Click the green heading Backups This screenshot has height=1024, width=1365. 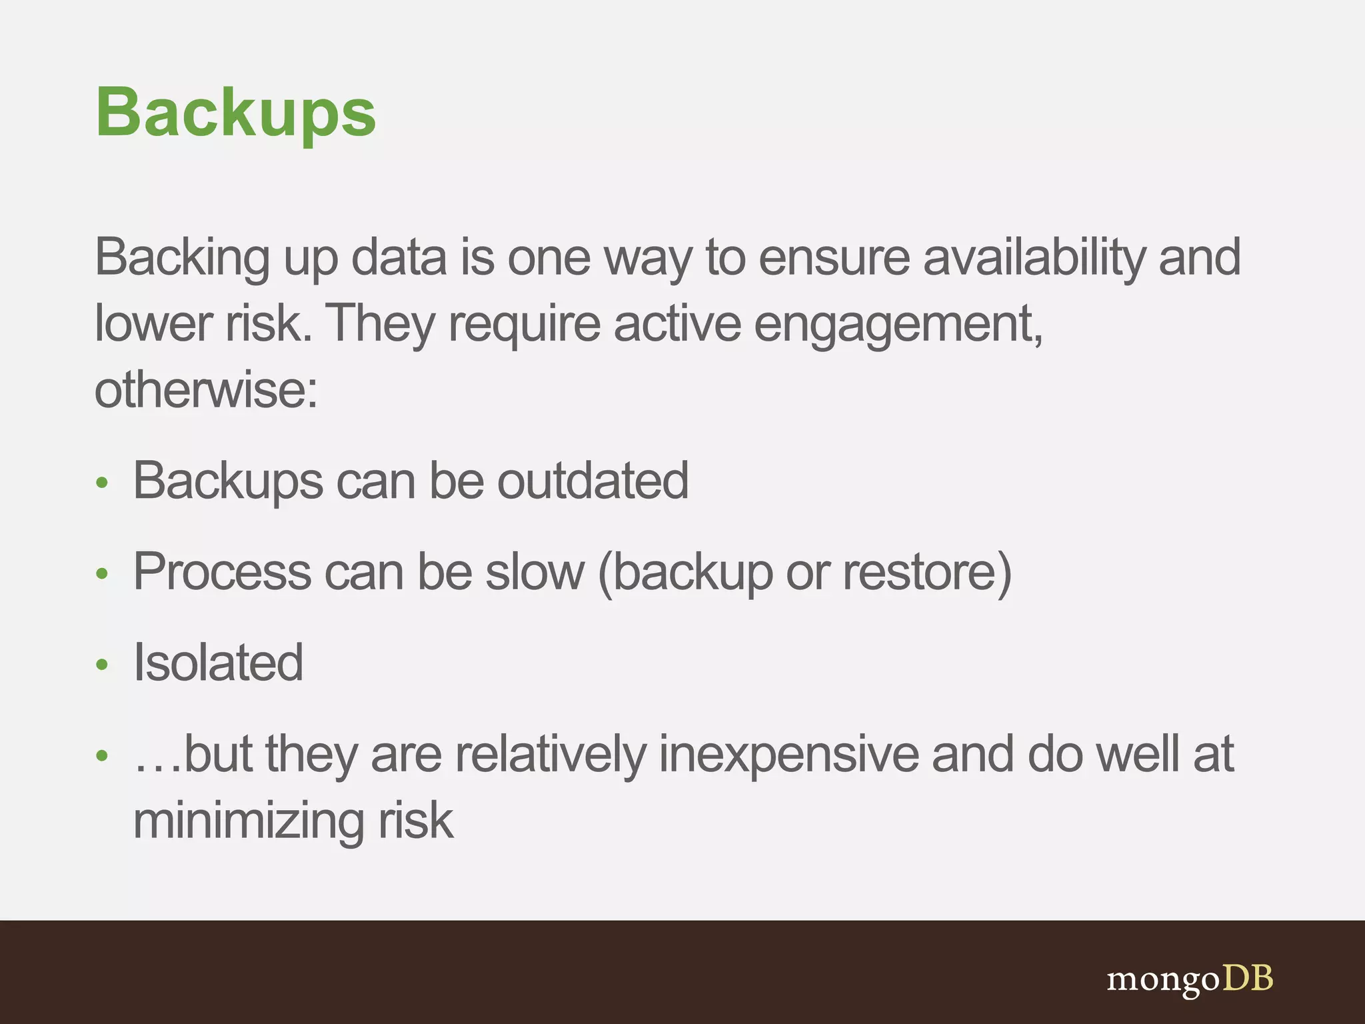236,113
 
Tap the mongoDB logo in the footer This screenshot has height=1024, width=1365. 1189,979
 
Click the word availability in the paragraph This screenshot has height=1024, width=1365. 1034,257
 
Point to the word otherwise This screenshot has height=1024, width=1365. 205,390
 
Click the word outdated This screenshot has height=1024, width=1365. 593,481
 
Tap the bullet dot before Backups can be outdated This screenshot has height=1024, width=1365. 102,483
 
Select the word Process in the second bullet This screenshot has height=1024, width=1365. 222,572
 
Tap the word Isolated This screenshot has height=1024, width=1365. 218,663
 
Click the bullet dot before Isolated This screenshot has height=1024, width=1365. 102,664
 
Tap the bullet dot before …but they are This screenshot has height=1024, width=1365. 102,755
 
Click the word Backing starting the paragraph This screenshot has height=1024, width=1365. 182,257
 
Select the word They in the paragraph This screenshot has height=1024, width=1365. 381,325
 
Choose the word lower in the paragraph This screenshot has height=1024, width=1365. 153,325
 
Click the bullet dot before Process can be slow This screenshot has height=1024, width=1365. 102,573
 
